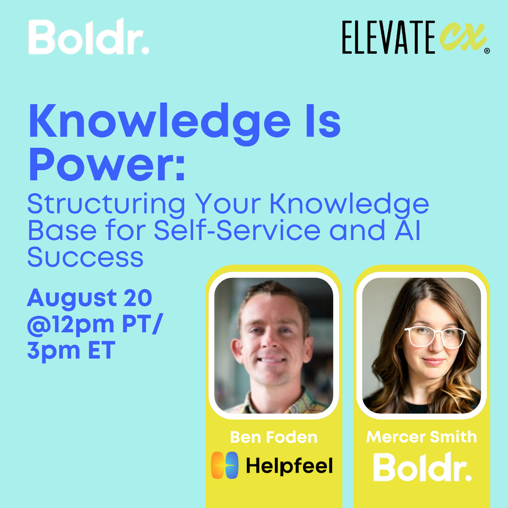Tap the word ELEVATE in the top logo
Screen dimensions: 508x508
388,38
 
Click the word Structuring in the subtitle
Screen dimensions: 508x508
106,204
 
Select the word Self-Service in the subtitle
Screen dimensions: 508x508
237,231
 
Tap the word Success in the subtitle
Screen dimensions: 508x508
86,257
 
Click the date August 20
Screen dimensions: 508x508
89,298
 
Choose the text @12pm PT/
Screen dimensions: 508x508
94,325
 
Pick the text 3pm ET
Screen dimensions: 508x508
71,351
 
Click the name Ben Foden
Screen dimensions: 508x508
273,437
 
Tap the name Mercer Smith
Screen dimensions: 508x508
421,437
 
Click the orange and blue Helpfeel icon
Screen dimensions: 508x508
225,465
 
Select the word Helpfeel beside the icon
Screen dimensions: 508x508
290,466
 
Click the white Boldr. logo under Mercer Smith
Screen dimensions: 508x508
422,467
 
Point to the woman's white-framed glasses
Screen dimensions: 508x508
435,337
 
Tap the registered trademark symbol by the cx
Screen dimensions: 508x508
487,51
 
